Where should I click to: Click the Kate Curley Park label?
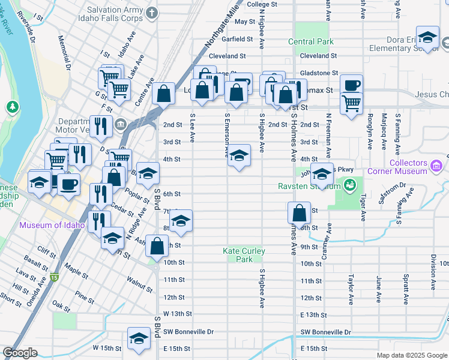click(244, 255)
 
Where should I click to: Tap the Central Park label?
click(310, 41)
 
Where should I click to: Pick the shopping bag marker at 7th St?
click(299, 212)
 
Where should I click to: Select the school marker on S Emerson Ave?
click(239, 157)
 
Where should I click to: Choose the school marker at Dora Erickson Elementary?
click(427, 38)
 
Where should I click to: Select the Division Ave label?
click(432, 264)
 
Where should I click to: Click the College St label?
click(259, 4)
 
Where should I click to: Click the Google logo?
click(20, 353)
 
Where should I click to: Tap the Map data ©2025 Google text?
click(411, 355)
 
